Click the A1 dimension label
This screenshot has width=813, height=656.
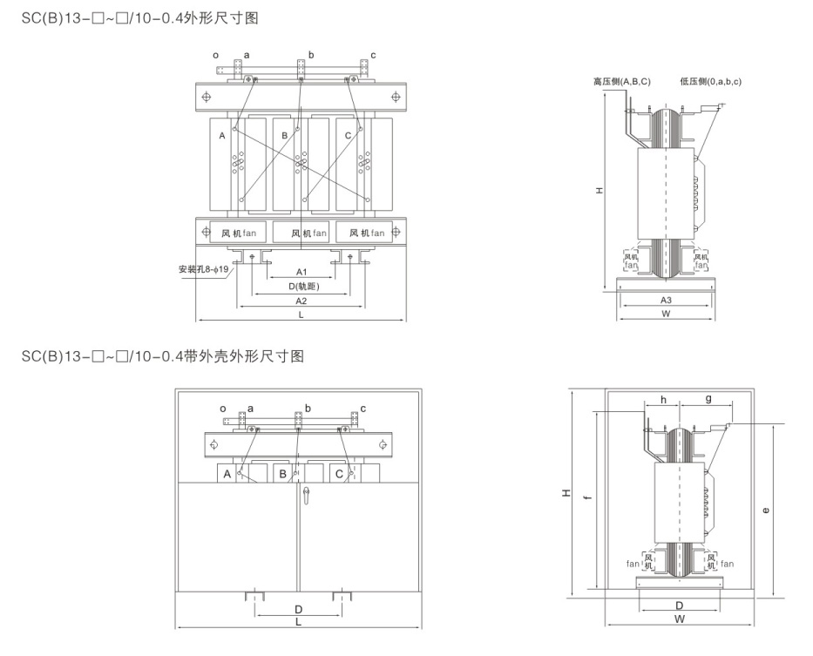301,272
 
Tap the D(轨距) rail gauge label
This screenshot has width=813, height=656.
303,287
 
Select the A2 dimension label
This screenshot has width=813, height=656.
301,301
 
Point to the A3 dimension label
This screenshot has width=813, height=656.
666,301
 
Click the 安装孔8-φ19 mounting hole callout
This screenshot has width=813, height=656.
203,269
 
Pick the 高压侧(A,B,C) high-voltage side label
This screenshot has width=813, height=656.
621,81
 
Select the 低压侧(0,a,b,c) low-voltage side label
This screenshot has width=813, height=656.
711,81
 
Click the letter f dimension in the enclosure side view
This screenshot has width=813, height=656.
587,497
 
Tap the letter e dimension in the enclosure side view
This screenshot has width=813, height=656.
766,510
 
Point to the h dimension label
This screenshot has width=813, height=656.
663,400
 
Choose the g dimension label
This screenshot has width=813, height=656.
708,399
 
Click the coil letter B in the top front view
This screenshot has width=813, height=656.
284,135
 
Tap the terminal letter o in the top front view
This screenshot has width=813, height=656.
216,56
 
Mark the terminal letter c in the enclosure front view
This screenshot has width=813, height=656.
362,409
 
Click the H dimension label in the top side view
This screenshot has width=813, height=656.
600,191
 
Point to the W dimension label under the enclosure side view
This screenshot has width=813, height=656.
679,619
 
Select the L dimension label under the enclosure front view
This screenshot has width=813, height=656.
298,621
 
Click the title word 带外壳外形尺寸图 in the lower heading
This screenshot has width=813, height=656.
244,356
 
